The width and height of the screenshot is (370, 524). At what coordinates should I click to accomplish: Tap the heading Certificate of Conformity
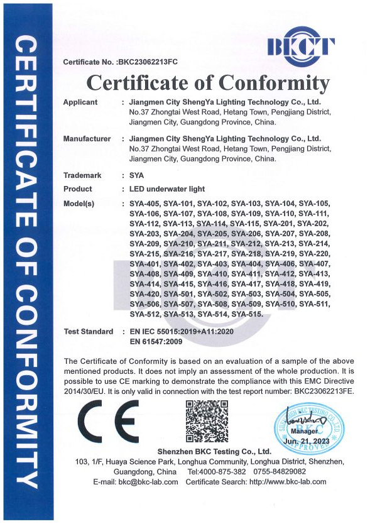click(x=208, y=83)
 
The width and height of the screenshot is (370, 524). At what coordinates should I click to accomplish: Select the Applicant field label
click(x=81, y=102)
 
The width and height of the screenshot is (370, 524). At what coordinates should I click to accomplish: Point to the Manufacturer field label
click(x=87, y=138)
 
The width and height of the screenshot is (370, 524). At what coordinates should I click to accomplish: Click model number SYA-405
click(x=144, y=204)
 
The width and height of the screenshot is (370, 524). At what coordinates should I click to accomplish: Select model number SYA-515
click(x=246, y=314)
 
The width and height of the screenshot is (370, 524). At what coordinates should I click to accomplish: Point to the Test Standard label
click(x=89, y=331)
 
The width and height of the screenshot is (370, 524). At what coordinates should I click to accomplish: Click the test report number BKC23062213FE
click(x=313, y=391)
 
